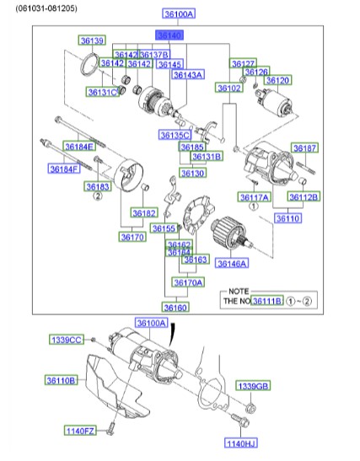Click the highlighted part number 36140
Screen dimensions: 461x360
[x=169, y=35]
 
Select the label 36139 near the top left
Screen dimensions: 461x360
[x=92, y=40]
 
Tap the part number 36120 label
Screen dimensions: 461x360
[x=278, y=80]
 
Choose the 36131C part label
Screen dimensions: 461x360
[x=102, y=91]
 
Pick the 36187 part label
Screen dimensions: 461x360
[x=304, y=148]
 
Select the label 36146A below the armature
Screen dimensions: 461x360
[x=232, y=264]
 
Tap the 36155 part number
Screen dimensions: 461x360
[x=164, y=228]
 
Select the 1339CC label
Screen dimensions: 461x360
[x=66, y=340]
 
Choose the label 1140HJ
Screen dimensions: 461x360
[x=241, y=442]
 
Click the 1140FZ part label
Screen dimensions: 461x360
[x=83, y=431]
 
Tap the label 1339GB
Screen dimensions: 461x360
[x=253, y=386]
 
